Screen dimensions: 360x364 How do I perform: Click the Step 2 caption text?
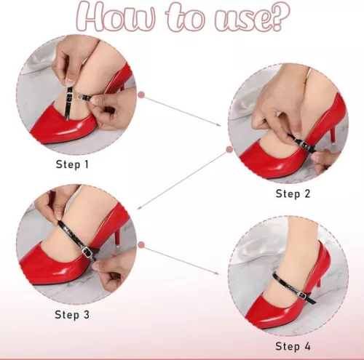pyautogui.click(x=293, y=193)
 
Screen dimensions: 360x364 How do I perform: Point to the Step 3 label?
pyautogui.click(x=73, y=314)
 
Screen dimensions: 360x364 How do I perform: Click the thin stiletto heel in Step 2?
pyautogui.click(x=333, y=135)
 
